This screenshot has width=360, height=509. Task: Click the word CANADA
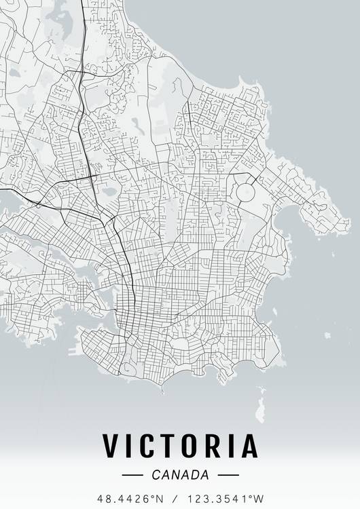(181, 475)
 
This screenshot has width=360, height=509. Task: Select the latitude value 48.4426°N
(130, 499)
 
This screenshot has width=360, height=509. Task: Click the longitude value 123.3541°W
(226, 499)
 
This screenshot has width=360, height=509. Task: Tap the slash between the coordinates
(175, 499)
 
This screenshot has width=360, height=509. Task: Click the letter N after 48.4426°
(160, 499)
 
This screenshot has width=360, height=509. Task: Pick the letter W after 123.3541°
(259, 499)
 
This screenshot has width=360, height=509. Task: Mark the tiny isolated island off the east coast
(327, 335)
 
